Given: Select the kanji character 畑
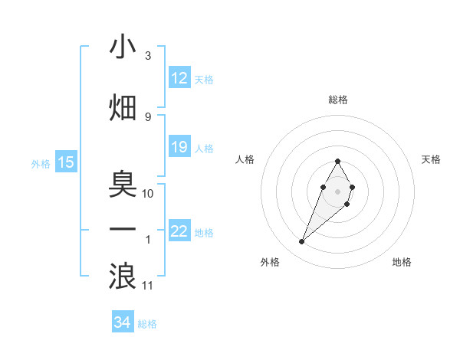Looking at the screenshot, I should tap(123, 108).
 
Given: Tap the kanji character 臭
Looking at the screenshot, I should tap(123, 183).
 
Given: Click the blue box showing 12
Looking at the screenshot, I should tap(179, 78).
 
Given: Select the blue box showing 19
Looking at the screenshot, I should tap(179, 147).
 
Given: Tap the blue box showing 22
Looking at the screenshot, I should tap(179, 231).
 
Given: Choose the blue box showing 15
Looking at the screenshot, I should tap(66, 162).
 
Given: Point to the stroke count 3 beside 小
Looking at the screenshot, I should tap(147, 57).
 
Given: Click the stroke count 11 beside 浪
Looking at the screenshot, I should tap(148, 286).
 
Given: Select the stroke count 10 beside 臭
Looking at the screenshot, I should tap(148, 193).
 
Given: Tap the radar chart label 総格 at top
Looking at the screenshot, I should tap(337, 100).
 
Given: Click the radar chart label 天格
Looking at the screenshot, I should tap(431, 159).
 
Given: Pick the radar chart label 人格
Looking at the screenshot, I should tap(245, 159).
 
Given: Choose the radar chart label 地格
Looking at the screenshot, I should tap(402, 262).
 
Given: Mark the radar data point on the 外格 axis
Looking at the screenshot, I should tap(301, 242).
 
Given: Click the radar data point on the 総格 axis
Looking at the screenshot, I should tap(337, 161).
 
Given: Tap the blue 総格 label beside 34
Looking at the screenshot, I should tap(147, 324).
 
